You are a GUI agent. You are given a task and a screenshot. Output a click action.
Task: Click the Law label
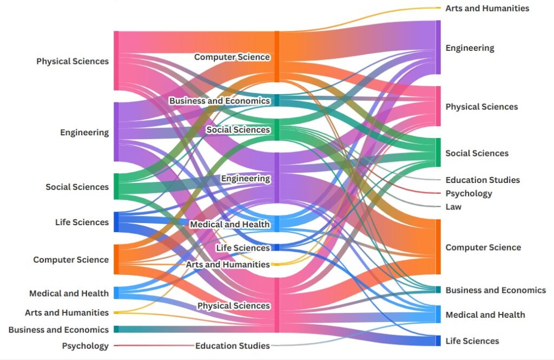(x=453, y=207)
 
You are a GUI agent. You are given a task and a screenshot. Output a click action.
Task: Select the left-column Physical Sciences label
(x=72, y=61)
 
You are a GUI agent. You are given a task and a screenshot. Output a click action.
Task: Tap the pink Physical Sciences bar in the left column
(x=116, y=61)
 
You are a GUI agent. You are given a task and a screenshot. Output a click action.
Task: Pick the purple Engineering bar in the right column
(x=438, y=47)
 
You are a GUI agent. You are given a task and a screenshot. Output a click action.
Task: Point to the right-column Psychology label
(x=469, y=193)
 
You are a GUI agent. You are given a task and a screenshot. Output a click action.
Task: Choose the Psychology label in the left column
(x=85, y=345)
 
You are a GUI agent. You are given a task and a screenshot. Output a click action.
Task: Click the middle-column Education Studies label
(x=232, y=345)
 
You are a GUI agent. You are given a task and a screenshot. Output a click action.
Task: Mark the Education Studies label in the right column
(x=482, y=180)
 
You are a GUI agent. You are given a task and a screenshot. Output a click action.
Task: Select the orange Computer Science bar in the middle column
(x=277, y=56)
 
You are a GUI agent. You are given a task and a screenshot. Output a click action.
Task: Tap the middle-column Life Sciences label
(x=242, y=248)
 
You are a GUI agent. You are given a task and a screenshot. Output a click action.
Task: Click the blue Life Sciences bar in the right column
(x=438, y=341)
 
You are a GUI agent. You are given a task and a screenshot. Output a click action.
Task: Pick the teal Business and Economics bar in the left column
(x=116, y=329)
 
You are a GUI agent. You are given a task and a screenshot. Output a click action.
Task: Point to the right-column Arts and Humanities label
(x=487, y=8)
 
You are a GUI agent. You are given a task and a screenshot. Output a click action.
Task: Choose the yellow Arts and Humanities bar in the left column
(x=116, y=312)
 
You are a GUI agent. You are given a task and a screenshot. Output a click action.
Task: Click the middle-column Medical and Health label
(x=229, y=224)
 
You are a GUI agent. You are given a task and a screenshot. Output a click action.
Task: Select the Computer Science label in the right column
(x=483, y=247)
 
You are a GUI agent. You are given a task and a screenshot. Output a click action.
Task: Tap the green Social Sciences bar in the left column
(x=116, y=186)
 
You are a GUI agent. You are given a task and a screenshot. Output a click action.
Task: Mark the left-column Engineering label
(x=84, y=132)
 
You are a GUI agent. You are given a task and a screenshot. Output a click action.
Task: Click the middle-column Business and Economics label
(x=219, y=101)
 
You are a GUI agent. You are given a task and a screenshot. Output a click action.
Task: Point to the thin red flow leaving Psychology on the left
(x=151, y=345)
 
